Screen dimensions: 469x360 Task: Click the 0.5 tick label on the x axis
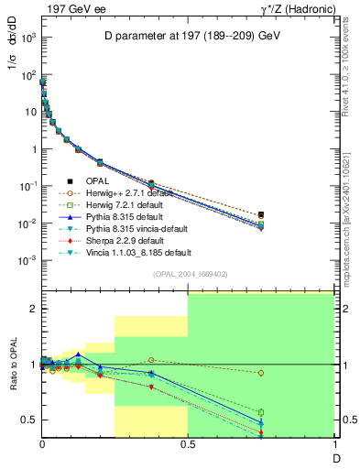click(188, 444)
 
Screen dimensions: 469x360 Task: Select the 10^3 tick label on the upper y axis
click(28, 38)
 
